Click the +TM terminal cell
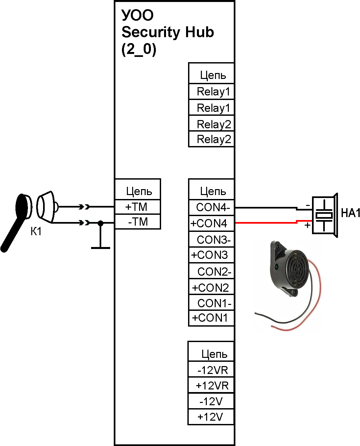point(137,207)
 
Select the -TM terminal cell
point(137,222)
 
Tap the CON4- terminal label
point(212,208)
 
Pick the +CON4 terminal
point(210,224)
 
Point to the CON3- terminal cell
point(212,240)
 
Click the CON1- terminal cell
point(212,303)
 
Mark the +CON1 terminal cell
point(210,318)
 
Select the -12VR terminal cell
point(212,370)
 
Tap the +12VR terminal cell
point(212,385)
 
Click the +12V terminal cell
point(210,417)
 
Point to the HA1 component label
point(350,213)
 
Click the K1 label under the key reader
point(36,232)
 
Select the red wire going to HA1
point(266,223)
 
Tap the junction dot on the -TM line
point(101,223)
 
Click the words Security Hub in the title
point(168,32)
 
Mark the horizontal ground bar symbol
point(101,248)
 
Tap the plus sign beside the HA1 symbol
point(307,226)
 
